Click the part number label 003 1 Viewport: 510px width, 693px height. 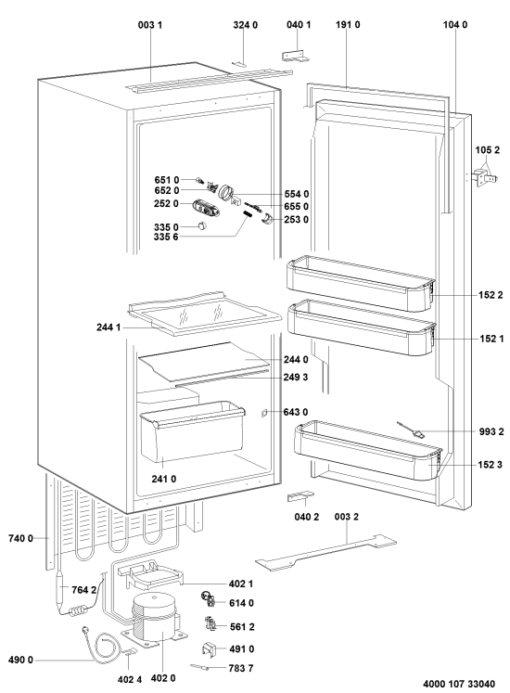(x=150, y=25)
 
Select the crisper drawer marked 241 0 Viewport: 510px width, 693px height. (x=192, y=431)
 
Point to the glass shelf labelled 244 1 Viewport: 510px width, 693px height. (x=204, y=314)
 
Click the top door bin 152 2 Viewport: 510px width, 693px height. (x=361, y=285)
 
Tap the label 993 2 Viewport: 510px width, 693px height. (x=491, y=431)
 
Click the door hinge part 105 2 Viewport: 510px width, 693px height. (x=485, y=177)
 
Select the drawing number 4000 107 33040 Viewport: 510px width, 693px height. (x=459, y=684)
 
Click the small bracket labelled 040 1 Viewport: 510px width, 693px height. (x=295, y=56)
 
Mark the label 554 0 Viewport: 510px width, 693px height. (x=297, y=194)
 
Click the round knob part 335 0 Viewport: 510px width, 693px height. (x=202, y=225)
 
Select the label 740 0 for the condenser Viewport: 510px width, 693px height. (x=20, y=538)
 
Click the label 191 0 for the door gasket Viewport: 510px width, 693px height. (x=348, y=25)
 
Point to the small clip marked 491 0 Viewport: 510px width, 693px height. (x=209, y=648)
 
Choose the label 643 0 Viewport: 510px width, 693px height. (x=296, y=412)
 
